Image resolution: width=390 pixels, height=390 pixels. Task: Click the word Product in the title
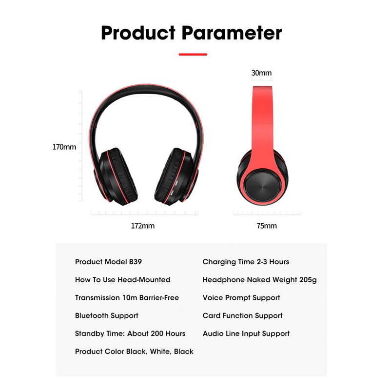[x=138, y=33]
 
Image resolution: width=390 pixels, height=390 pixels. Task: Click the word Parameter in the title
[x=232, y=33]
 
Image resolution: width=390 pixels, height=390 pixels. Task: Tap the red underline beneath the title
[x=193, y=54]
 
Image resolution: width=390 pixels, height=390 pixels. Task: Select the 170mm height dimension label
[x=64, y=147]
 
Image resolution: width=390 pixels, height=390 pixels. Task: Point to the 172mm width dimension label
[x=143, y=226]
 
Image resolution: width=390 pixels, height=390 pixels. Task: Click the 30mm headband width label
[x=261, y=73]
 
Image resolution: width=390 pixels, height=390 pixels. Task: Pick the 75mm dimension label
[x=267, y=226]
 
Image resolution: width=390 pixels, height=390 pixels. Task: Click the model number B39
[x=136, y=262]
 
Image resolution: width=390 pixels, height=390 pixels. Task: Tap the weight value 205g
[x=308, y=280]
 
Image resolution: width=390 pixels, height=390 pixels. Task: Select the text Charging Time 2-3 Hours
[x=246, y=262]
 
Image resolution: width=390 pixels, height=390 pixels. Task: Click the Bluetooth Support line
[x=106, y=315]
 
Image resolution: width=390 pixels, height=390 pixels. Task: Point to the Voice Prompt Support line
[x=241, y=298]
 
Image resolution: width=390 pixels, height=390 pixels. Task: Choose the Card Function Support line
[x=242, y=315]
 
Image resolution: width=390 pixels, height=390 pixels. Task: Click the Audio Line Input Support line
[x=246, y=333]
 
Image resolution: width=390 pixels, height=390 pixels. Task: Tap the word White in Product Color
[x=160, y=351]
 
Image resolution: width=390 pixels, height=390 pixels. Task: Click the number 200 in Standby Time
[x=157, y=333]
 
